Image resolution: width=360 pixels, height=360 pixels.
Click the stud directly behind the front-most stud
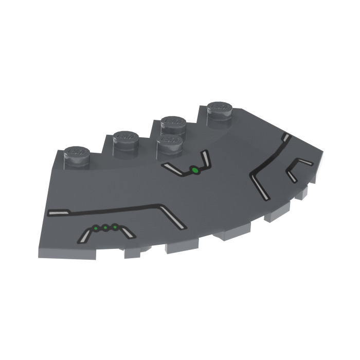[174, 123]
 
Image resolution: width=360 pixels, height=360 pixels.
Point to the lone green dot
[195, 171]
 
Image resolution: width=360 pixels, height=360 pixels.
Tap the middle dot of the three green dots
[105, 227]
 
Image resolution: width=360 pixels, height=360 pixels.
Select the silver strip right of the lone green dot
[205, 157]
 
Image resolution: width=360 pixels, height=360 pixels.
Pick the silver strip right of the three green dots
[127, 232]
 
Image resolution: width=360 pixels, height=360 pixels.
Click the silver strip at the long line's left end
[58, 212]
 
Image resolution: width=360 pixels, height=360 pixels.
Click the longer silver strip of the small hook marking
[303, 163]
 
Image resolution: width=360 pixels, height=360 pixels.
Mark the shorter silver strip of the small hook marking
[292, 176]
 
